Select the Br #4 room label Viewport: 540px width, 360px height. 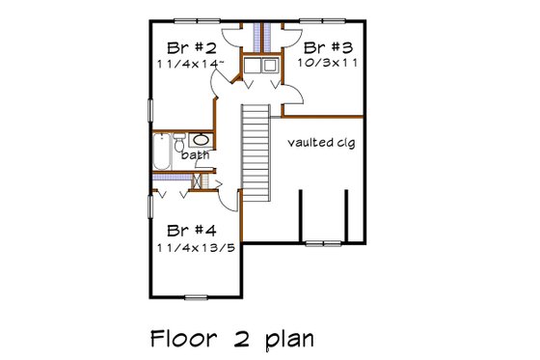coord(191,232)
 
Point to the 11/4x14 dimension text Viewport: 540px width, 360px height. coord(191,63)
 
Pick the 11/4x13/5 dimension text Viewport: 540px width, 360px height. coord(196,248)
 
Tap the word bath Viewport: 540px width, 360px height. coord(196,156)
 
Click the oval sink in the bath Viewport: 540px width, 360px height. coord(210,141)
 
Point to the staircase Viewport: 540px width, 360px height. coord(254,151)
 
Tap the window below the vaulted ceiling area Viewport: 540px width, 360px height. coord(330,240)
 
